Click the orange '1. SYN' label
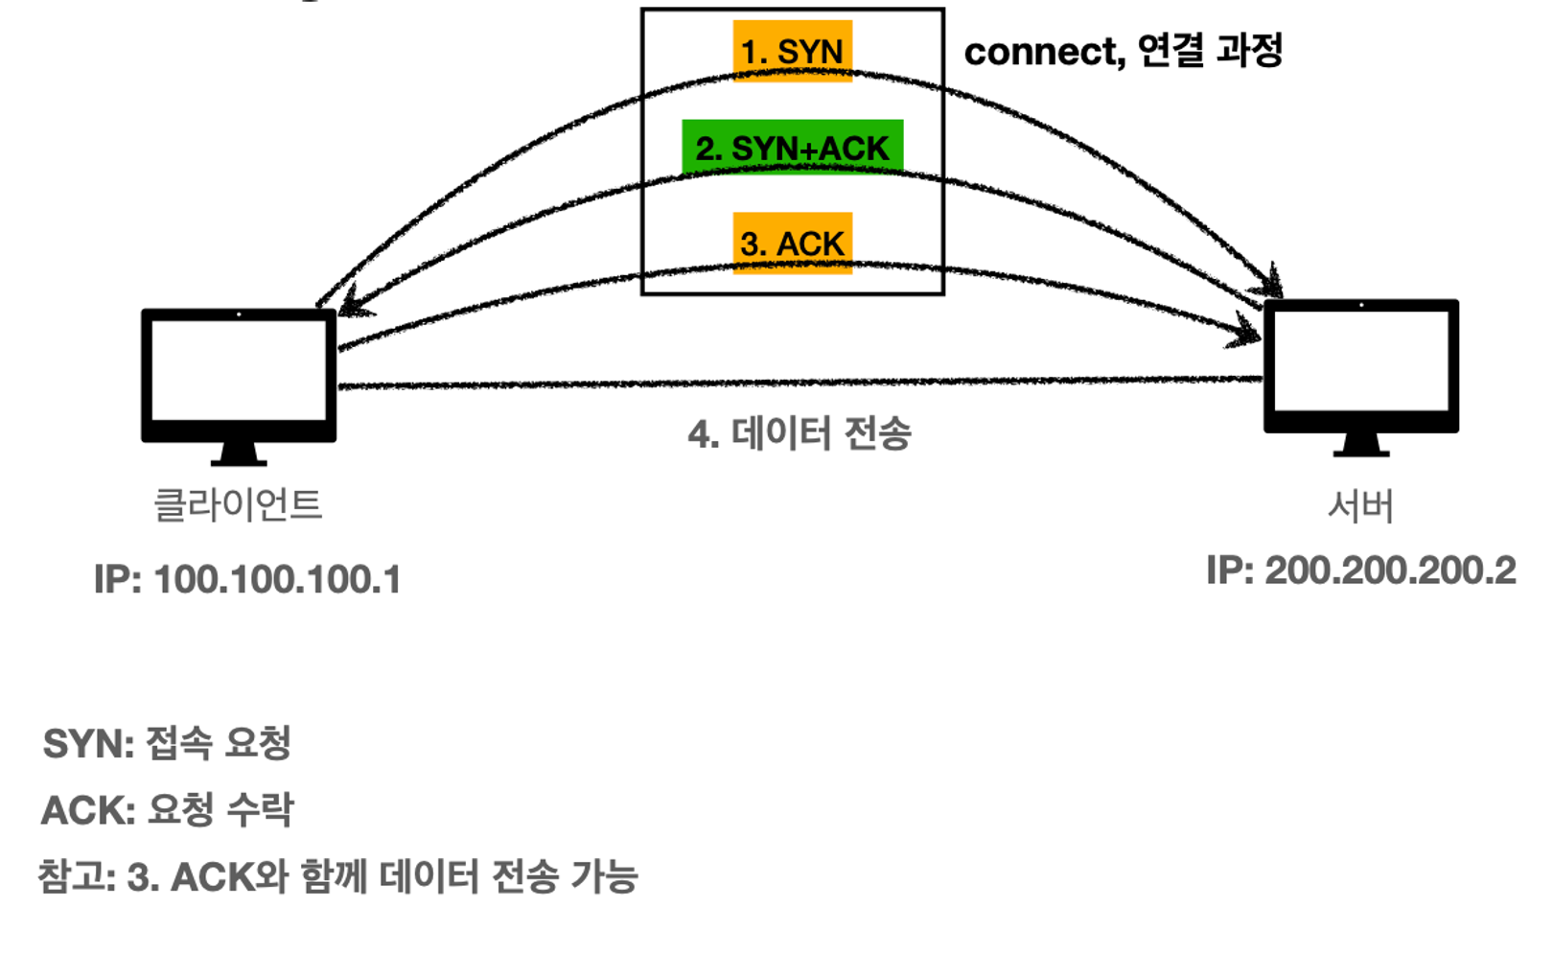coord(792,51)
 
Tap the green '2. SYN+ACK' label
coord(792,148)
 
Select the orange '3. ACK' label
coord(792,244)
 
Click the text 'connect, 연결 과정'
coord(1123,51)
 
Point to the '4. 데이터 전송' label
coord(799,433)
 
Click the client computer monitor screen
coord(239,369)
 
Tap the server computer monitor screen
coord(1360,360)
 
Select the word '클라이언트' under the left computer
coord(238,504)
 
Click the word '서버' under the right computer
coord(1360,505)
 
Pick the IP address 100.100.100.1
coord(276,579)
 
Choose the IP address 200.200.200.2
coord(1390,570)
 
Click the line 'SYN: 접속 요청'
coord(167,743)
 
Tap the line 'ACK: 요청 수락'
coord(167,810)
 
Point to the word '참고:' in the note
coord(76,876)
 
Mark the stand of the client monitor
coord(239,454)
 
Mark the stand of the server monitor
coord(1360,445)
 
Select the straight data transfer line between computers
coord(799,384)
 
